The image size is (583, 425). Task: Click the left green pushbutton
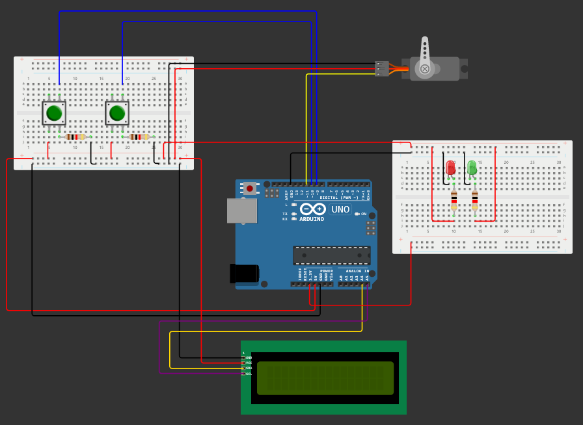[x=54, y=113]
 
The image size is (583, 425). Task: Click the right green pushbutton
[x=117, y=113]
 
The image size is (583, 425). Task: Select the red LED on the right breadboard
[x=450, y=168]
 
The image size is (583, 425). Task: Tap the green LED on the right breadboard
[x=472, y=168]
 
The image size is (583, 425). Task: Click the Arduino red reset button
[x=249, y=188]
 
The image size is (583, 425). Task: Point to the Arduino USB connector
[x=241, y=211]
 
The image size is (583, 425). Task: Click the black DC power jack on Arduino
[x=243, y=273]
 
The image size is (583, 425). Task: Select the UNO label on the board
[x=340, y=209]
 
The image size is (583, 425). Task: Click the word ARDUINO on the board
[x=312, y=219]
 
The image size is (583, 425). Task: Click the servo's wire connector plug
[x=382, y=68]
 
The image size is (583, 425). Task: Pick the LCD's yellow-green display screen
[x=325, y=378]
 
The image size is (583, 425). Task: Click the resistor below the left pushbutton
[x=75, y=136]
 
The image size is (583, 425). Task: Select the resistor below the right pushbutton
[x=139, y=136]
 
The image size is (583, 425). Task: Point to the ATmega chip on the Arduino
[x=332, y=255]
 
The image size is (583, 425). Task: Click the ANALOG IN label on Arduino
[x=357, y=271]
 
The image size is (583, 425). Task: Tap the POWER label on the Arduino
[x=326, y=271]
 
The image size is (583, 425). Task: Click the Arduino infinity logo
[x=312, y=209]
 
